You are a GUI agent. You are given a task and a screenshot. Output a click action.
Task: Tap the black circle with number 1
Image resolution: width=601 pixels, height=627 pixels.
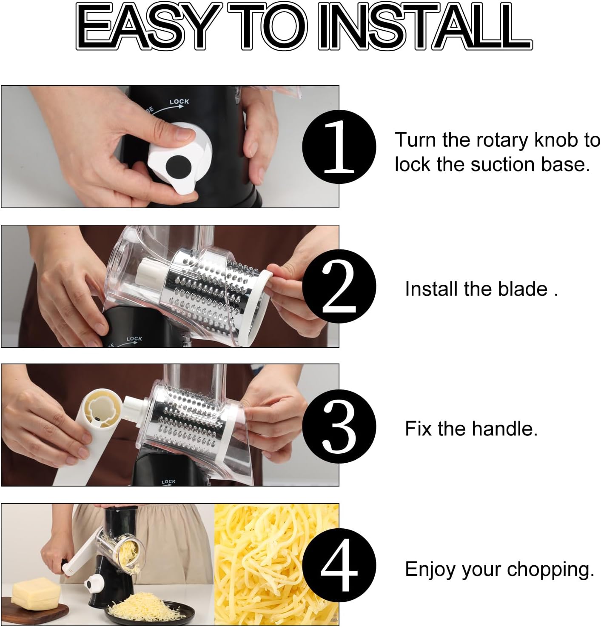[x=339, y=146]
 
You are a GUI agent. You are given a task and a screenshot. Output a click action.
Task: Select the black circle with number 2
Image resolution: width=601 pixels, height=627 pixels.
[x=339, y=286]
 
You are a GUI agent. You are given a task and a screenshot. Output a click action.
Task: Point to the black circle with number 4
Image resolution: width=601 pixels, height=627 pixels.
[x=339, y=565]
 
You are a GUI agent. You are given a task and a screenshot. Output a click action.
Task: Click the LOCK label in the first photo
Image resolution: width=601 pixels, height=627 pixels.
[x=179, y=102]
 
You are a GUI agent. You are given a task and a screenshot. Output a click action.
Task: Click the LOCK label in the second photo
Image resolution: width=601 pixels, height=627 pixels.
[x=134, y=339]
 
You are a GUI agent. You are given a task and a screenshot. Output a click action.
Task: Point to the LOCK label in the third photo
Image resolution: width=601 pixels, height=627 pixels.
[x=168, y=481]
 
